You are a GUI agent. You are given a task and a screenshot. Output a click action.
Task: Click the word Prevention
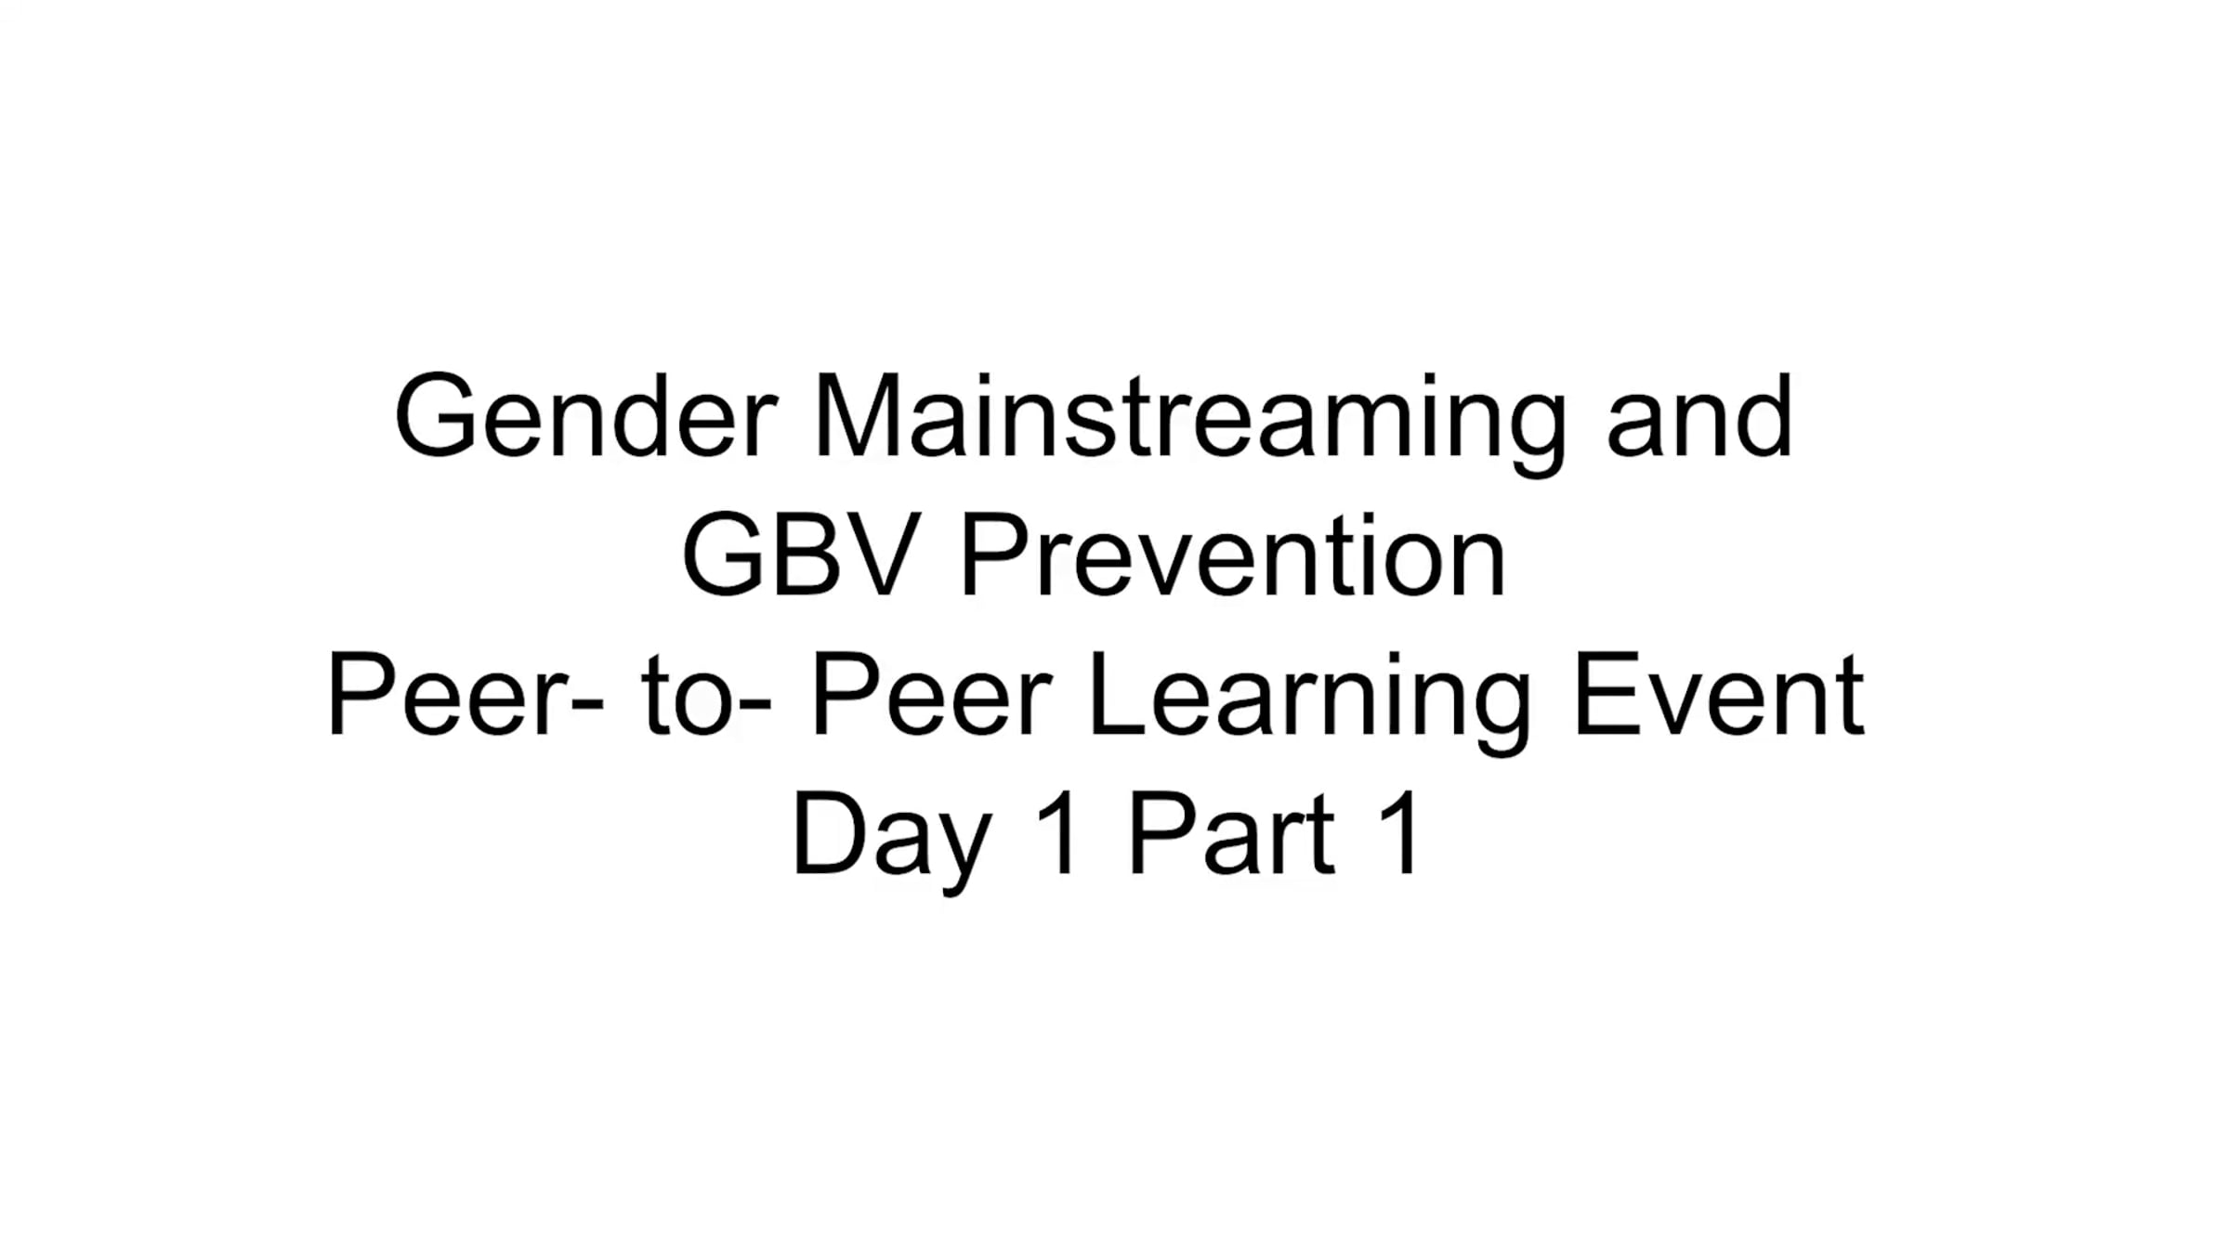coord(1231,555)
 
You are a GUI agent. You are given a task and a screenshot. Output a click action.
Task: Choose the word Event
coord(1719,694)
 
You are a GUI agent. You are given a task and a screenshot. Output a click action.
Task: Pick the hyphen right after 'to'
coord(754,706)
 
